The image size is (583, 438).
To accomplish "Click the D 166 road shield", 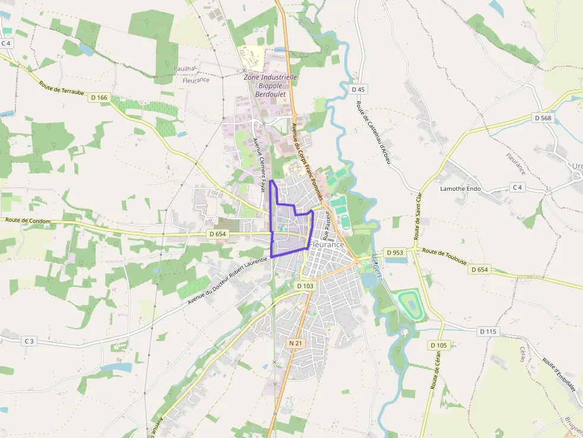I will (x=99, y=97).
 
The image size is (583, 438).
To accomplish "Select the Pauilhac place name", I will (x=185, y=69).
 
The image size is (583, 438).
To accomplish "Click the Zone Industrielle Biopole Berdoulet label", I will (x=271, y=86).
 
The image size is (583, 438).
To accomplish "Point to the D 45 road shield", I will (x=358, y=89).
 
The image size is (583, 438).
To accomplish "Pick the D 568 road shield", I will (x=543, y=118).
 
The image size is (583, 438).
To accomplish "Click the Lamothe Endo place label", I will (x=460, y=189).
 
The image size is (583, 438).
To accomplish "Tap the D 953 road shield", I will (x=394, y=253).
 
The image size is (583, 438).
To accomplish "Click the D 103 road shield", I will (x=304, y=286).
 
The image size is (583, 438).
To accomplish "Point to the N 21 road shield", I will (x=296, y=344).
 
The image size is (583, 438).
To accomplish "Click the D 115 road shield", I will (x=488, y=331).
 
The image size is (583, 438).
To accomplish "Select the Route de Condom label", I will (x=28, y=220).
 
